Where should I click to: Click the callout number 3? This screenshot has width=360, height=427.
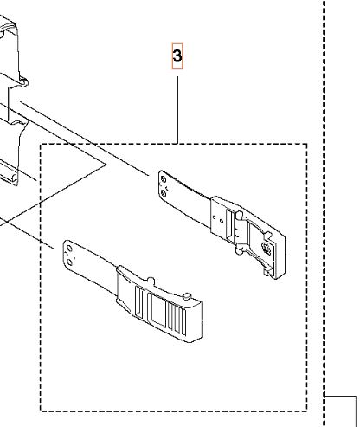point(177,56)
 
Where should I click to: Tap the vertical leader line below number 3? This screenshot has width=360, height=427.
point(177,110)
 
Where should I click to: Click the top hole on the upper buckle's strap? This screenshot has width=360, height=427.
point(164,180)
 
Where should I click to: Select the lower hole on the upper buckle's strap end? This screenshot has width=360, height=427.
point(164,192)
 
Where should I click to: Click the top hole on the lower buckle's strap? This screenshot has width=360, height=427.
point(69,249)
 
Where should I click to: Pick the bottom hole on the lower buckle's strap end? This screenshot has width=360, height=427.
point(69,262)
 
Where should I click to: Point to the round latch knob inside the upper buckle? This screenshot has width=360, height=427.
point(267,248)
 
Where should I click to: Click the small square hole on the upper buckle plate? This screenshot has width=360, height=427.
point(214,217)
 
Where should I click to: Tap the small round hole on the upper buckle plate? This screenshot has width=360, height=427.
point(222,221)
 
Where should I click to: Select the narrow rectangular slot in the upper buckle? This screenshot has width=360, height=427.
point(229,223)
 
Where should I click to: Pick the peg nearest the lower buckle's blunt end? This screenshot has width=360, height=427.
point(187,295)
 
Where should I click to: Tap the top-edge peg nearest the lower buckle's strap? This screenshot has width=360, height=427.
point(151,281)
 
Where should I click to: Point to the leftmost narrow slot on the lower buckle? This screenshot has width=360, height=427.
point(138,302)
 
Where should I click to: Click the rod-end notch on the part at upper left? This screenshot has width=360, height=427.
point(23,83)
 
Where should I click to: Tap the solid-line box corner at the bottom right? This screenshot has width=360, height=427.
point(356,397)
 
